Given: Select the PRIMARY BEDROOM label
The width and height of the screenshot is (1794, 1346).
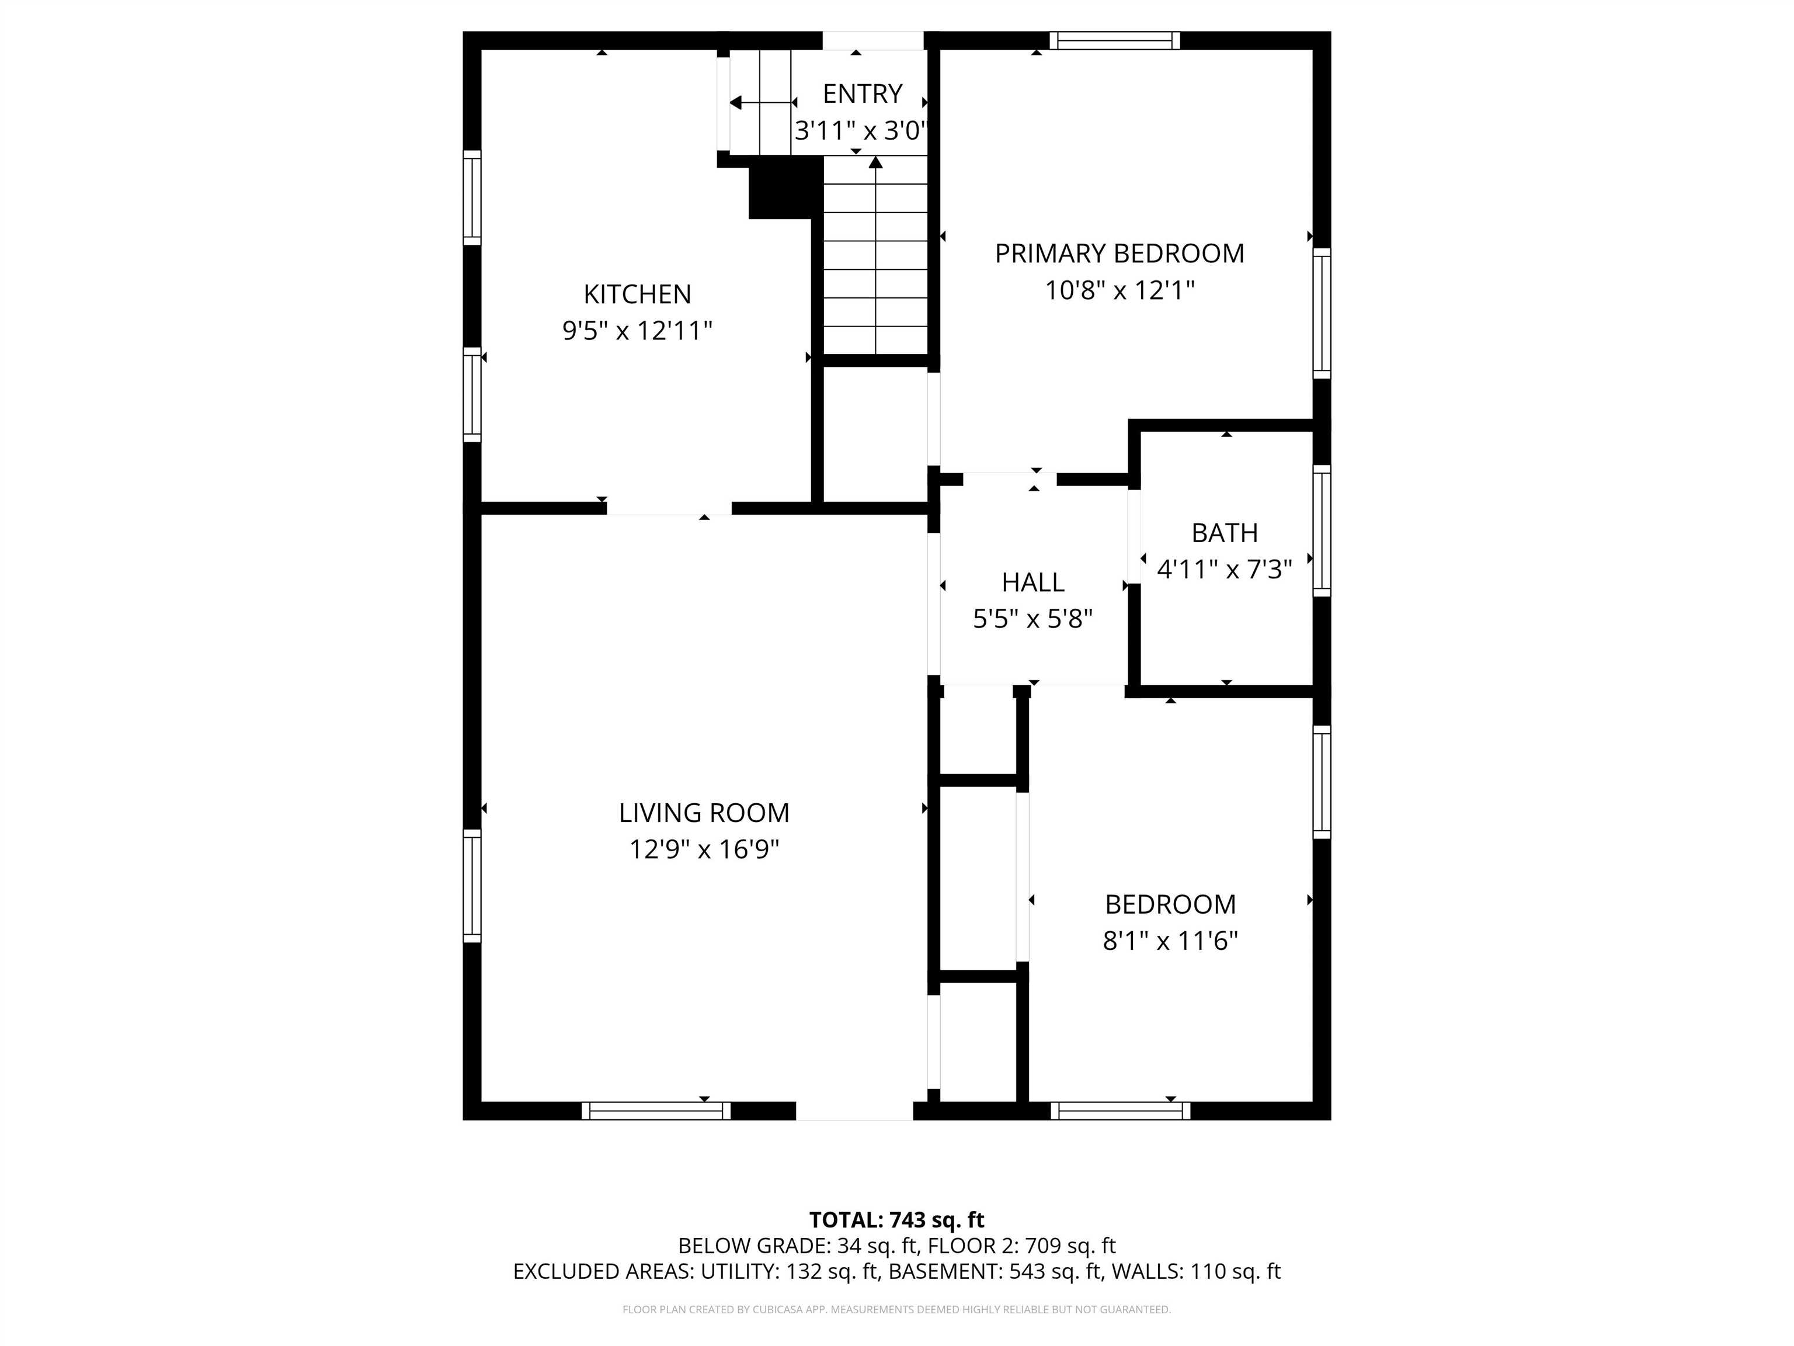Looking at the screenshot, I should [x=1119, y=253].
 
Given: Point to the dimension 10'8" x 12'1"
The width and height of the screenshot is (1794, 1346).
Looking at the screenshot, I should [x=1119, y=290].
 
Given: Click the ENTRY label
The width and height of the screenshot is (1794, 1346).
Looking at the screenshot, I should [x=862, y=94].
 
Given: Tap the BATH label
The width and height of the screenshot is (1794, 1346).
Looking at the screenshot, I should [x=1225, y=533].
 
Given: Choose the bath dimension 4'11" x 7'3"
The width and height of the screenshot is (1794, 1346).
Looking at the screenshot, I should [x=1224, y=570].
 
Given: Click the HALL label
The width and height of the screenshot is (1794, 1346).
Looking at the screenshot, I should [x=1032, y=582].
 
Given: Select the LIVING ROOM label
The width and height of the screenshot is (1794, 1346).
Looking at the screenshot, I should [x=704, y=812].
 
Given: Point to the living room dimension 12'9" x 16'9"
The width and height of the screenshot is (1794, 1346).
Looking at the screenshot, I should [x=704, y=849].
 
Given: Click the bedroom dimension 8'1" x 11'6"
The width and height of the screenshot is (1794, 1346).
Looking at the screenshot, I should [x=1170, y=941].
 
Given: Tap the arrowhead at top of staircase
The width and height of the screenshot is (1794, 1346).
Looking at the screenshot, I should [x=875, y=162].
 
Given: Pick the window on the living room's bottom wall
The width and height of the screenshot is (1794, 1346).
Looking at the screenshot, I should [x=655, y=1111].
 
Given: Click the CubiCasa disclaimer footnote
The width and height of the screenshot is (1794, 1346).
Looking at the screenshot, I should [x=896, y=1310].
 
